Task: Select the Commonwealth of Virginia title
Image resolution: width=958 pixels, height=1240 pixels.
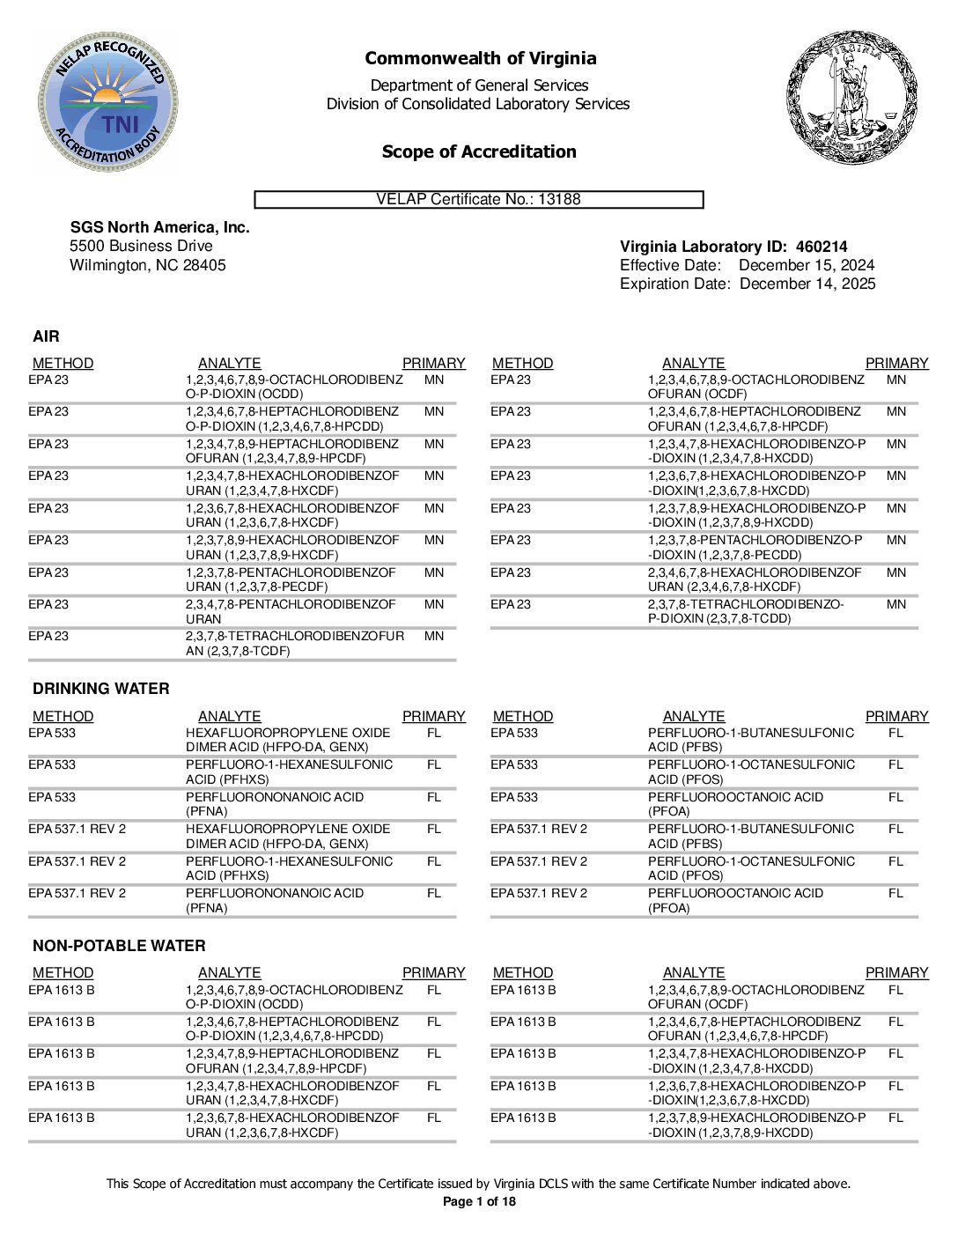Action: click(x=480, y=59)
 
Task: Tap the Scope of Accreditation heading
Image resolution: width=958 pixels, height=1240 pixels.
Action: click(x=479, y=151)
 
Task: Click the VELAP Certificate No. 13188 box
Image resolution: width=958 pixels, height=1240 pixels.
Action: click(x=479, y=200)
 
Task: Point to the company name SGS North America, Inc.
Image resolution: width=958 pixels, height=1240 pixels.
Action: click(x=159, y=227)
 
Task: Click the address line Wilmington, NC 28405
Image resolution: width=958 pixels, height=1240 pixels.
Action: click(x=147, y=265)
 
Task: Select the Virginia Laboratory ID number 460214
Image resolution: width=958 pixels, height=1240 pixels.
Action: click(x=821, y=247)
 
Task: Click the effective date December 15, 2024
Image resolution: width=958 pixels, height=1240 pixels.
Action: click(x=806, y=266)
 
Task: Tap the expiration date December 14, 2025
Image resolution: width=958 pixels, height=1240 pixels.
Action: click(x=807, y=284)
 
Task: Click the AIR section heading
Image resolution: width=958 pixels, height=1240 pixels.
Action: click(x=46, y=336)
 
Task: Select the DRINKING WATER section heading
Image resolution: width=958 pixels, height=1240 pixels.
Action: click(x=100, y=689)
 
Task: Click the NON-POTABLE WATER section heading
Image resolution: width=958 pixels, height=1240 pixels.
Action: click(x=119, y=946)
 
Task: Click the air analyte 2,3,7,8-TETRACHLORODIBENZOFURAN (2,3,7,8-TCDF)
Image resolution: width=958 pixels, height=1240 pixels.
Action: click(x=294, y=644)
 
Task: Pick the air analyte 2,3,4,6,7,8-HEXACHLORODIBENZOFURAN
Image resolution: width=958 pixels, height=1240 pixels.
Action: click(x=754, y=579)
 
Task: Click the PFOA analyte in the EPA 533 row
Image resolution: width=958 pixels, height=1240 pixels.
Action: click(x=735, y=804)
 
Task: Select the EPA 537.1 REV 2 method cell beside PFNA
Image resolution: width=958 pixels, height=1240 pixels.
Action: click(x=77, y=894)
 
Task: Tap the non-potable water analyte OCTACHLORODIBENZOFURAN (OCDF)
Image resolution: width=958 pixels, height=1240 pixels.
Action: click(x=755, y=997)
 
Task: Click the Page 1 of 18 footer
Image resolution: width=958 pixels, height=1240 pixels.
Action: click(x=478, y=1202)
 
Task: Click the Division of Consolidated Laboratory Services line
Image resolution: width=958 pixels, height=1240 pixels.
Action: click(x=478, y=104)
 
